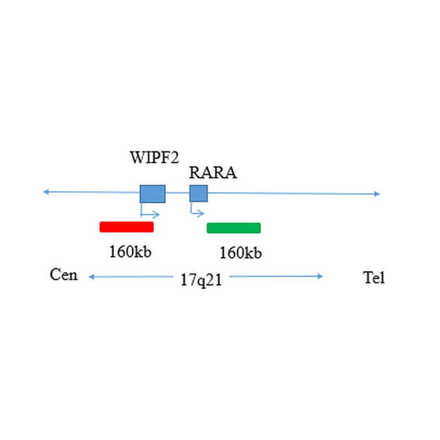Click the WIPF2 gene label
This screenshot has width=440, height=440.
[x=154, y=157]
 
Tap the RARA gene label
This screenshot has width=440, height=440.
[x=213, y=173]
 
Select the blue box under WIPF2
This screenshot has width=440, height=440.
[x=153, y=194]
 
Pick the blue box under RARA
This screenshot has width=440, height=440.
[x=199, y=194]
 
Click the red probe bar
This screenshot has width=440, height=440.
[x=126, y=227]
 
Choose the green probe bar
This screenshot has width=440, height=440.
[x=234, y=228]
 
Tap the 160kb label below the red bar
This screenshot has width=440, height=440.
[x=130, y=252]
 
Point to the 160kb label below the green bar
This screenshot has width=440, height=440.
[x=241, y=253]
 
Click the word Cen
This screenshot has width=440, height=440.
[x=64, y=275]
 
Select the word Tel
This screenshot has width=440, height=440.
[x=374, y=278]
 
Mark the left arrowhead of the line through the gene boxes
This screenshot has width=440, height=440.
[x=45, y=191]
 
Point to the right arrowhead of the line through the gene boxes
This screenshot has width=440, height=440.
[x=377, y=194]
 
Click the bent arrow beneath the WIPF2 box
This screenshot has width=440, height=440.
[x=151, y=213]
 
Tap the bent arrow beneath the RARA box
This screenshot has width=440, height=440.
[x=197, y=212]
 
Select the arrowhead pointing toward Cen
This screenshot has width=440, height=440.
[x=91, y=277]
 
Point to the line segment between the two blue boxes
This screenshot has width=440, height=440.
[x=178, y=193]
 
